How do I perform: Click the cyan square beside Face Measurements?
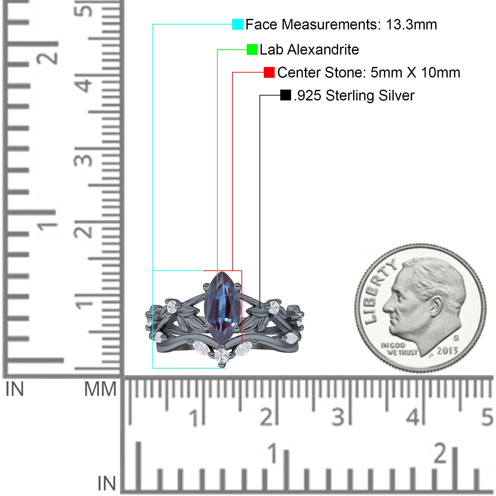point(237,24)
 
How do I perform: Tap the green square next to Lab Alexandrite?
point(252,50)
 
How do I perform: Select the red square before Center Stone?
point(269,73)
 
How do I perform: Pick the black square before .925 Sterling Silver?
point(286,95)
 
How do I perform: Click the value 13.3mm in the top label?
point(411,24)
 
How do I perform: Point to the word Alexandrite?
point(323,50)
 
